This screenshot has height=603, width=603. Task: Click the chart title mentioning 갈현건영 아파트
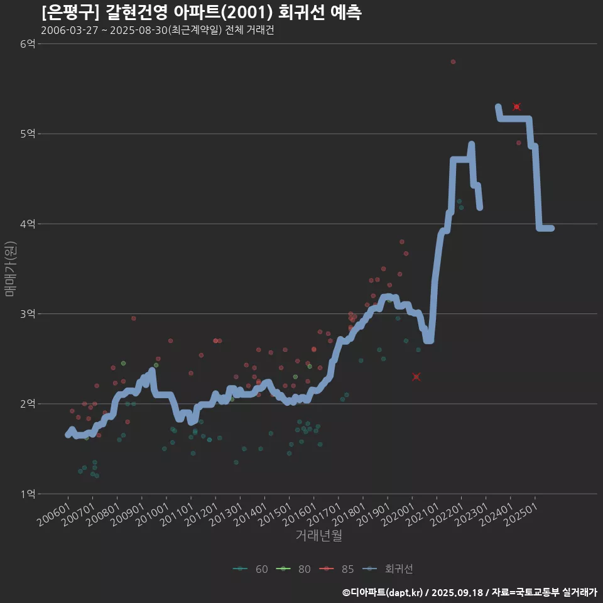201,13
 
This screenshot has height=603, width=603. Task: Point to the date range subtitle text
157,30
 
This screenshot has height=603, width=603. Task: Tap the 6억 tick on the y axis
28,44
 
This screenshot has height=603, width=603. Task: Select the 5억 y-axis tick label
28,134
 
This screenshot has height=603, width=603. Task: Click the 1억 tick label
28,494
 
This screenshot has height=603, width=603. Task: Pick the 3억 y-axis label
28,313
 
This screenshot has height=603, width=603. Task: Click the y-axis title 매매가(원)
9,269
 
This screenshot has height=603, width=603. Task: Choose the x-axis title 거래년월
318,536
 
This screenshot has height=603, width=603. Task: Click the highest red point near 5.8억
453,62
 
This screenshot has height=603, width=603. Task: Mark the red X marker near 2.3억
416,377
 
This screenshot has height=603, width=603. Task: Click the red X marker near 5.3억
516,107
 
